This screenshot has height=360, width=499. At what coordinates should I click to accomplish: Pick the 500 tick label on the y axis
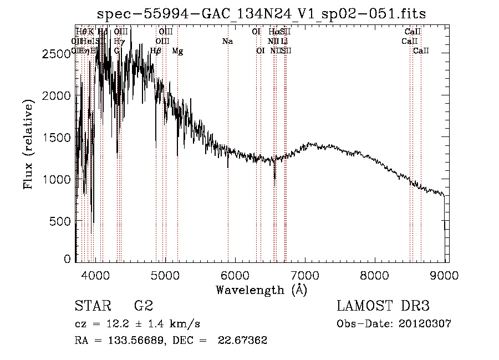pyautogui.click(x=63, y=221)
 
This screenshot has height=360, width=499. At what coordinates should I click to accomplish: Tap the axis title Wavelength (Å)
pyautogui.click(x=261, y=290)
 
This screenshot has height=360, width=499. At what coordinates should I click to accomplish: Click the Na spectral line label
pyautogui.click(x=227, y=41)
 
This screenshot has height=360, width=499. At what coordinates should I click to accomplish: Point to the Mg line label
pyautogui.click(x=177, y=51)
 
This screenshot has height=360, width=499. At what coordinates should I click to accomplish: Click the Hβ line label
pyautogui.click(x=156, y=51)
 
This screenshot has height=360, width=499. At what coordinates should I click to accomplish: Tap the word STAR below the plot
pyautogui.click(x=92, y=306)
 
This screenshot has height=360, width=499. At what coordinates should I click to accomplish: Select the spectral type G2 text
pyautogui.click(x=144, y=306)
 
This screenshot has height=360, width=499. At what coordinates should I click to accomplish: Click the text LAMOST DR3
pyautogui.click(x=383, y=306)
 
